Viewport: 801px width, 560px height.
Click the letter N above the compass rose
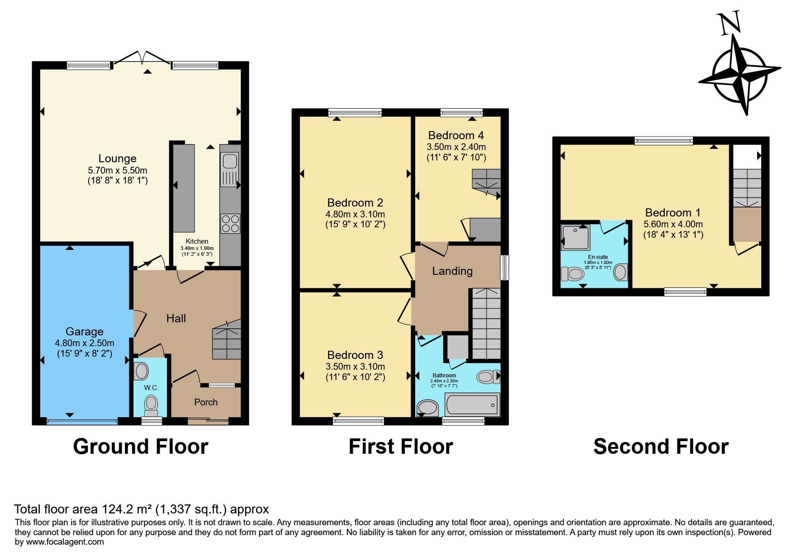(x=729, y=23)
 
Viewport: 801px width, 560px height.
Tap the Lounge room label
(x=118, y=159)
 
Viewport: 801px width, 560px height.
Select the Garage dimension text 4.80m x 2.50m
(x=85, y=343)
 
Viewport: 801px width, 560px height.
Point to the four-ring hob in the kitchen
(x=230, y=224)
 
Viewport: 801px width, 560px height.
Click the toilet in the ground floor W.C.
(x=151, y=406)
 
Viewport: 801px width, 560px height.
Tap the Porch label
(x=206, y=402)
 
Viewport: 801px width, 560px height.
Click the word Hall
(x=176, y=319)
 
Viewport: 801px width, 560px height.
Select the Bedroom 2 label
(x=355, y=202)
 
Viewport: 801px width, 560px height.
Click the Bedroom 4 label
(x=456, y=135)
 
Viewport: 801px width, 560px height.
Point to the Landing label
(x=452, y=271)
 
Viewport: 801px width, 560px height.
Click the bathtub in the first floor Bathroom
(x=472, y=404)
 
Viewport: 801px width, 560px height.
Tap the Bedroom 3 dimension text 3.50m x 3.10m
(x=355, y=367)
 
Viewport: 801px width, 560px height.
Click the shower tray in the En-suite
(x=575, y=237)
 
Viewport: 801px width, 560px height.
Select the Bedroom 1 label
(x=673, y=212)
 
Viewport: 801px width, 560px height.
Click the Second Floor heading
(x=661, y=447)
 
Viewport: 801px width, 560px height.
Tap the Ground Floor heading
(x=141, y=447)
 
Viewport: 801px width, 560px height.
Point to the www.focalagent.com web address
(x=65, y=542)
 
